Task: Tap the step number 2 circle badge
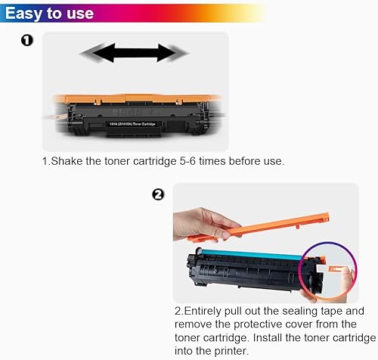(x=158, y=194)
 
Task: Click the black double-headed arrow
(x=135, y=53)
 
